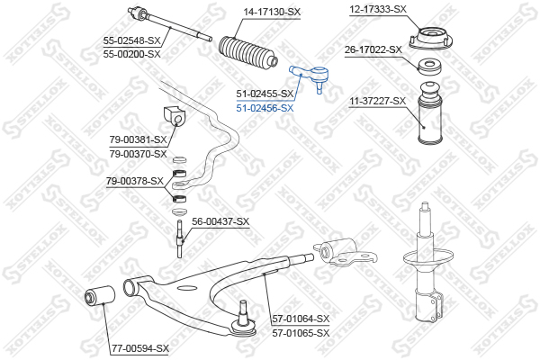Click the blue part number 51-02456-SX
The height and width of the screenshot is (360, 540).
click(265, 108)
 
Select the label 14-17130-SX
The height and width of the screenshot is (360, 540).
click(272, 13)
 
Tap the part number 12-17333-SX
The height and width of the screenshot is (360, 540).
click(378, 10)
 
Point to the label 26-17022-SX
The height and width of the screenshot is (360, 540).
click(373, 50)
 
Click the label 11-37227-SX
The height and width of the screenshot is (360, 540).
click(378, 102)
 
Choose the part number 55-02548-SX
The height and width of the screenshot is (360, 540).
click(132, 41)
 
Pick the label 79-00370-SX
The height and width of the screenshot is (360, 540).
click(138, 154)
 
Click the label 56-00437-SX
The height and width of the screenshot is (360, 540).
click(220, 221)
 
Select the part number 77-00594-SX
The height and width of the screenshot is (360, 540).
click(139, 348)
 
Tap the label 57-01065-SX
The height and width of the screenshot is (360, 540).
click(301, 333)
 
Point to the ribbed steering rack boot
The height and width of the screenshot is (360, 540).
click(247, 54)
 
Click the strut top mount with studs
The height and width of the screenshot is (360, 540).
click(430, 39)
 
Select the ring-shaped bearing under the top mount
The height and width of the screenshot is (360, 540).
click(429, 67)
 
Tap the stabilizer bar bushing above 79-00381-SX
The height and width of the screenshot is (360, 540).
click(174, 118)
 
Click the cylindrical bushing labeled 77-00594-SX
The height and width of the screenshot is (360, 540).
click(100, 295)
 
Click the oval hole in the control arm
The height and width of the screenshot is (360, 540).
click(186, 288)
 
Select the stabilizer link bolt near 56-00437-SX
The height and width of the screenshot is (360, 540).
click(179, 238)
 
